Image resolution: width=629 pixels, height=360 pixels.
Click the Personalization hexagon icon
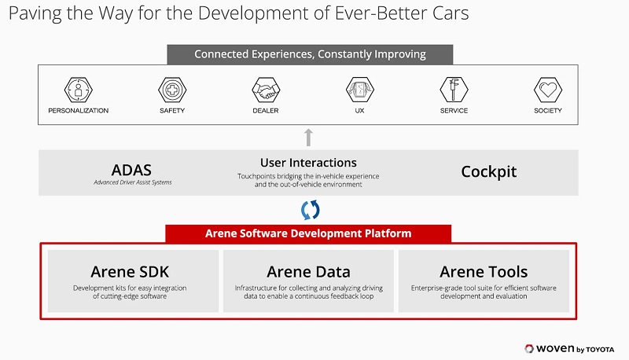click(78, 90)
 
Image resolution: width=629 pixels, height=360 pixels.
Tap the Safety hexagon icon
click(172, 90)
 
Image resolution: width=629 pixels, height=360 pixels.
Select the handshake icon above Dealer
click(266, 90)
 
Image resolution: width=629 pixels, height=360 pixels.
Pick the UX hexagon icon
click(360, 90)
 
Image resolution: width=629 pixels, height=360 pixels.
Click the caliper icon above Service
click(454, 90)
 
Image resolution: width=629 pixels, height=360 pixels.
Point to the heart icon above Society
click(548, 90)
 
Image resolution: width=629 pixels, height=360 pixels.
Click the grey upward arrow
click(308, 138)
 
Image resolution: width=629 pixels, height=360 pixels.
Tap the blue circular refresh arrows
click(310, 210)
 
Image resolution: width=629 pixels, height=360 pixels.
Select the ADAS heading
click(131, 170)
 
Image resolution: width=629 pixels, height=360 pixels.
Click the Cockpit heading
click(488, 171)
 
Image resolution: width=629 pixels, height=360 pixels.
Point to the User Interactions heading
click(308, 163)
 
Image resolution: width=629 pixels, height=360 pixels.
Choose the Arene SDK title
click(130, 272)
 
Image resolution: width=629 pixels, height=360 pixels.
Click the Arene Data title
click(308, 272)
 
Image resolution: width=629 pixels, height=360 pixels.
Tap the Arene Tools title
click(484, 272)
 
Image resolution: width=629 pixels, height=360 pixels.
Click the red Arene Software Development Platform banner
click(308, 233)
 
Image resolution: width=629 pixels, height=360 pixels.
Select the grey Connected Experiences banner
click(310, 54)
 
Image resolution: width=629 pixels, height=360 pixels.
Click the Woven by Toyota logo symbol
click(529, 349)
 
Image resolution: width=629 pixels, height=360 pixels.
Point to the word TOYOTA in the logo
click(600, 350)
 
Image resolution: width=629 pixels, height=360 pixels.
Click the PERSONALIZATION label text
click(78, 111)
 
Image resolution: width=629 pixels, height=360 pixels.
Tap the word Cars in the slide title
click(451, 13)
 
